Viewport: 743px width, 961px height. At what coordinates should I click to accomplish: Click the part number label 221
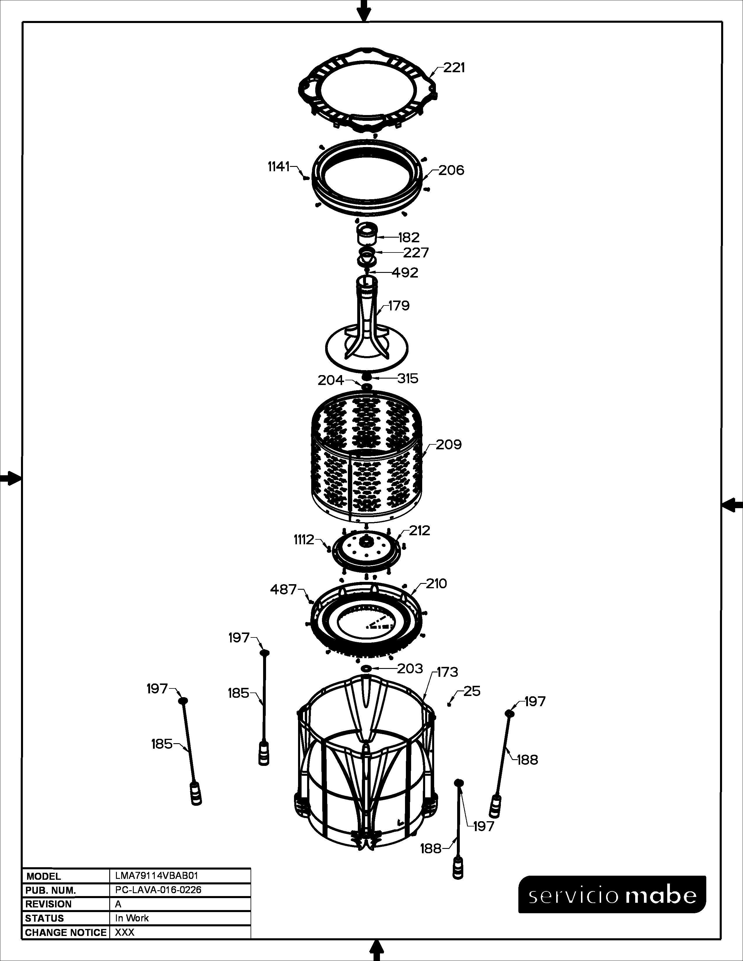coord(454,68)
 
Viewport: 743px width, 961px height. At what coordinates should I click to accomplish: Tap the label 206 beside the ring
coord(451,170)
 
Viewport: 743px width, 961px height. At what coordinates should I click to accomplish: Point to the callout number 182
coord(409,238)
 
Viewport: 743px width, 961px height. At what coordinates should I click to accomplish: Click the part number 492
coord(405,273)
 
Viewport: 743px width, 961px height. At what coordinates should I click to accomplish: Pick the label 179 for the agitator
coord(399,305)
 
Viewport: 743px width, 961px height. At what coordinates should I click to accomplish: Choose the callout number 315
coord(408,378)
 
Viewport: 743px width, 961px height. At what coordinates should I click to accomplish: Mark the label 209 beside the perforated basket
coord(449,445)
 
